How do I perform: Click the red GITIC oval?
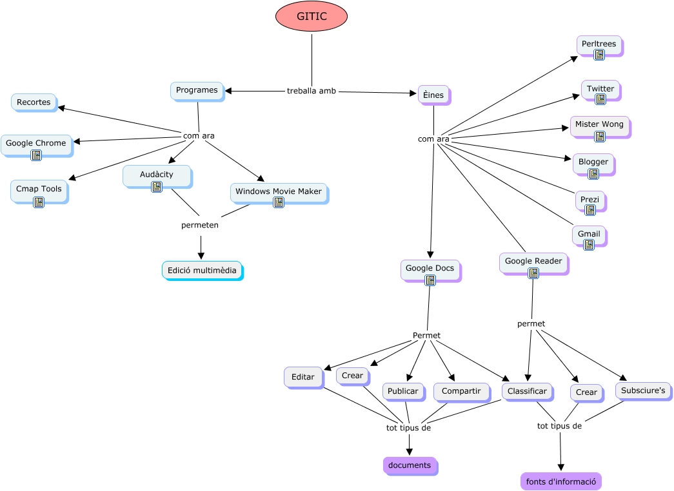(312, 16)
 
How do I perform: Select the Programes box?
(197, 91)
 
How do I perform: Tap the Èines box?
(433, 95)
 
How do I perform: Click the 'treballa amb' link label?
(312, 91)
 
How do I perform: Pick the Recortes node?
(34, 102)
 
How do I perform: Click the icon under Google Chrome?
(36, 155)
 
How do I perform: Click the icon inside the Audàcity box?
(157, 187)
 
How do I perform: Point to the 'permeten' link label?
(200, 226)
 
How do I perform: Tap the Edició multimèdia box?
(202, 271)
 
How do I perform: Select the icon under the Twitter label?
(600, 99)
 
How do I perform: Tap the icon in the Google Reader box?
(533, 273)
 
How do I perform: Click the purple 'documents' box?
(410, 465)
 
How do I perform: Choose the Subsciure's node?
(643, 390)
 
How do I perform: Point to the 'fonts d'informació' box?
(560, 481)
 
